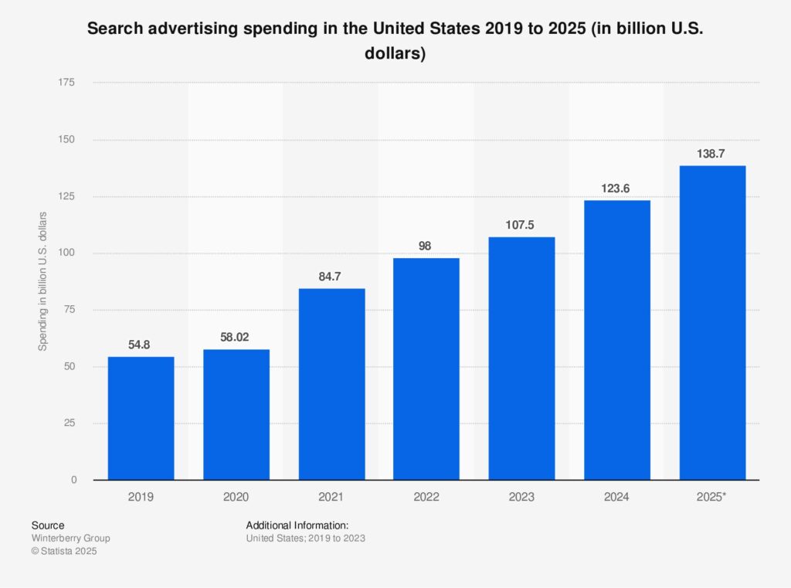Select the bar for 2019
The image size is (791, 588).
coord(141,418)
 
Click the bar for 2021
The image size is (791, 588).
coord(331,384)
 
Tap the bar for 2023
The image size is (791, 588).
coord(521,359)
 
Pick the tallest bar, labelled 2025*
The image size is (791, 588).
coord(712,323)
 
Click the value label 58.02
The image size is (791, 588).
coord(236,337)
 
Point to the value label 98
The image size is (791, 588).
coord(426,246)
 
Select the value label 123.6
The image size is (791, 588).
coord(617,188)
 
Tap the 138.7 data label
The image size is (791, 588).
coord(712,154)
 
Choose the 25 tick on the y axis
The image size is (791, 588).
coord(70,423)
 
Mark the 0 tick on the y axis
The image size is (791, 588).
coord(73,480)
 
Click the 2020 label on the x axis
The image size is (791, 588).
coord(236,498)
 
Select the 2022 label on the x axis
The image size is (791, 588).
coord(426,498)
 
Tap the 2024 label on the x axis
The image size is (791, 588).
coord(616,498)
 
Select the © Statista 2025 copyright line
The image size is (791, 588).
coord(65,552)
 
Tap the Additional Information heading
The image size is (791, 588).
coord(297,525)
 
